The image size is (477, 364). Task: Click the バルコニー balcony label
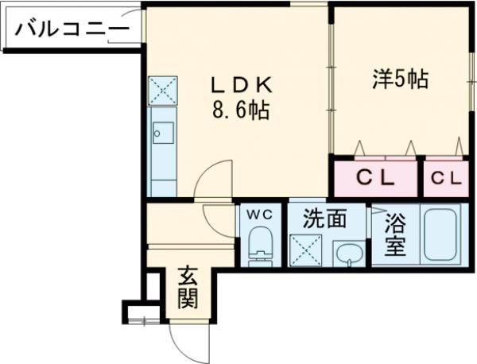click(x=72, y=31)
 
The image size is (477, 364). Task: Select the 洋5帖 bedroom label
click(x=401, y=79)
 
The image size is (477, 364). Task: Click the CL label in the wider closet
click(x=374, y=179)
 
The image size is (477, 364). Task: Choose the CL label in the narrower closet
click(x=446, y=179)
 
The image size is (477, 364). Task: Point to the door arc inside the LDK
click(x=211, y=179)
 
